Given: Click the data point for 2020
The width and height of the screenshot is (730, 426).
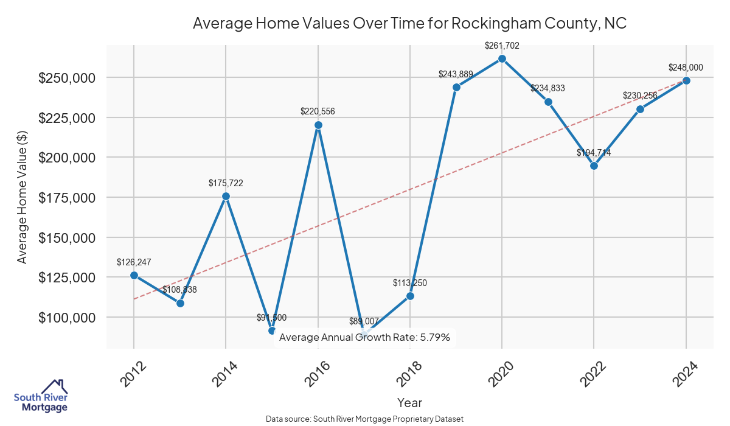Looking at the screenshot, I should pos(502,58).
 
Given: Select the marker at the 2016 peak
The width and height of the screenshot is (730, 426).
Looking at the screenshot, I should pos(318,125).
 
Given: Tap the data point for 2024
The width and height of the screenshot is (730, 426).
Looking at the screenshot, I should pos(686,80).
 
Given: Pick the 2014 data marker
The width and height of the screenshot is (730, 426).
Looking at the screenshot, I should pos(226,196).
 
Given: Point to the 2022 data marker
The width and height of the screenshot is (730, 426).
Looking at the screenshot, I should pos(594,166).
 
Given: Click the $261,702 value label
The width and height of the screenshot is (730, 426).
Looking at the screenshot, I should pos(502,45).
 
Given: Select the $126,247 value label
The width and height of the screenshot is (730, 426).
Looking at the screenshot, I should pos(134,262).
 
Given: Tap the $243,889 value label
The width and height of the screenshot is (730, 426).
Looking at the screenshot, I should pos(456,74).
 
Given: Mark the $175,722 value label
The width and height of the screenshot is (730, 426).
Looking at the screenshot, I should pos(226,183).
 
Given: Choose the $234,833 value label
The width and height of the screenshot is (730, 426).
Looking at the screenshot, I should pos(547,88).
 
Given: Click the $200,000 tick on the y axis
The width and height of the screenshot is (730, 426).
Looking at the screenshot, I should pos(67,158).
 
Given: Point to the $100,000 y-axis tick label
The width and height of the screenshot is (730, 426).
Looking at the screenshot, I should pos(67,318).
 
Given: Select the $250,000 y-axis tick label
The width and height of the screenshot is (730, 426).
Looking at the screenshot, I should pos(67,78).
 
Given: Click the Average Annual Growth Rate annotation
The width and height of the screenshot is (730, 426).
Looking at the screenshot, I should pos(365,337).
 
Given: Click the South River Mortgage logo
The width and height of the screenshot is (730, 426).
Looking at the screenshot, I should pos(41,396).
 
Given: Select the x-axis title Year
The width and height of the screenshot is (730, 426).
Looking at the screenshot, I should pos(409,402).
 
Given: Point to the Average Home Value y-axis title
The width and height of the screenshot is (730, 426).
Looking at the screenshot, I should pos(22,197).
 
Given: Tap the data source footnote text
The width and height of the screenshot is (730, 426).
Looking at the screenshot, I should pos(365,419).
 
